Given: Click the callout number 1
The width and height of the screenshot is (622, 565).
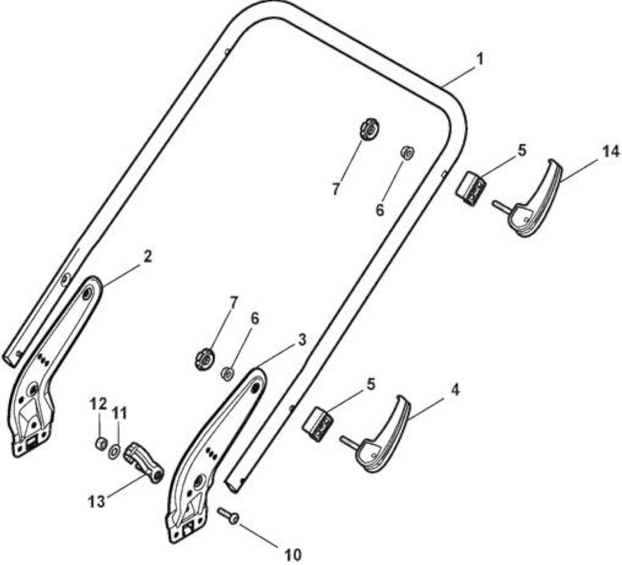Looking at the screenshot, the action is [480, 59].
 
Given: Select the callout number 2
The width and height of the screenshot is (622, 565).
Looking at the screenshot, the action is [147, 256].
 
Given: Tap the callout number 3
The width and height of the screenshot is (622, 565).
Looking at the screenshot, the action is [302, 340].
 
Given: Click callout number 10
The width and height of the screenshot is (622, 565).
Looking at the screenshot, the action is [293, 554].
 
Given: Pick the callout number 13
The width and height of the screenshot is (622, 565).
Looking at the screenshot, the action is [96, 501].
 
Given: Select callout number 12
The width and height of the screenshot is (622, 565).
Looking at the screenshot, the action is [98, 405].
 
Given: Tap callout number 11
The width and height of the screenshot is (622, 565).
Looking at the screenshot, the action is [119, 414].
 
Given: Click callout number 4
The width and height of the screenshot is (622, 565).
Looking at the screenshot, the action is [455, 390].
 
